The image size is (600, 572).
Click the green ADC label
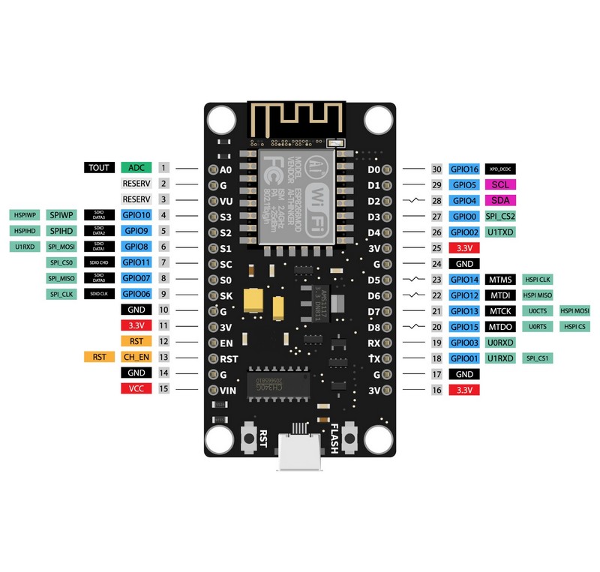(136, 168)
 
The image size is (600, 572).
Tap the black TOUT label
(98, 168)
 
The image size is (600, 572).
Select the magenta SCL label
(500, 184)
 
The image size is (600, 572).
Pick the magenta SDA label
(500, 200)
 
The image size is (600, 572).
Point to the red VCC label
(136, 388)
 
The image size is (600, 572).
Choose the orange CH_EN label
(136, 357)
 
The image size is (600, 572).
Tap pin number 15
(163, 388)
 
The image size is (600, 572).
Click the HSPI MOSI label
(574, 310)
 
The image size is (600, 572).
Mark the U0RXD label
(500, 343)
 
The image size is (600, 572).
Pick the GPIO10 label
(136, 215)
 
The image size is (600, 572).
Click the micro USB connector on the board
(299, 453)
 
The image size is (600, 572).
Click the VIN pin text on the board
(229, 390)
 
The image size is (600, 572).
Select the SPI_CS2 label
(500, 216)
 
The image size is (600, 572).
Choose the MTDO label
(500, 326)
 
